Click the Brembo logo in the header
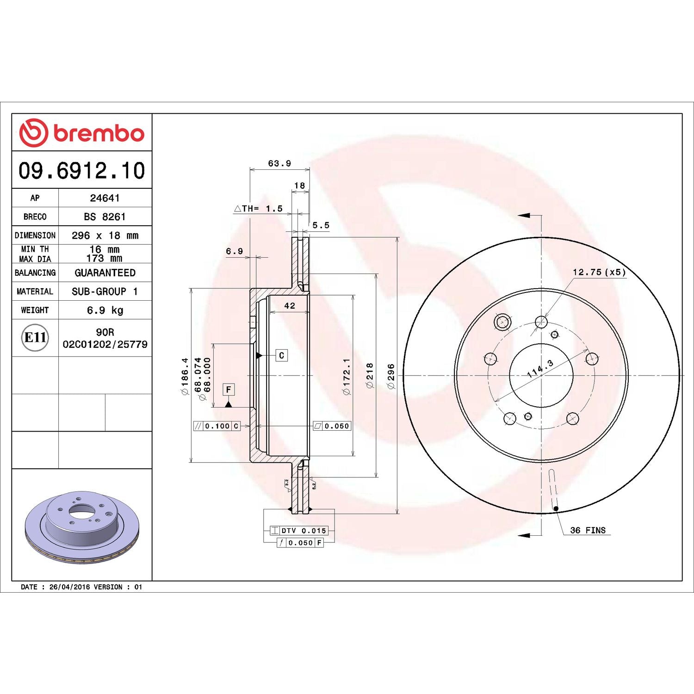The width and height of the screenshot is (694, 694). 82,133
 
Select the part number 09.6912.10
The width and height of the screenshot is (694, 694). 82,171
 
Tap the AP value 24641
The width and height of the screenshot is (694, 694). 105,198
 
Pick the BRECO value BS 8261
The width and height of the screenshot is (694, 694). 105,217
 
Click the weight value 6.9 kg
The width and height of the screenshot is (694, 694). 105,310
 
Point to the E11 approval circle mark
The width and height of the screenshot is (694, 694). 35,337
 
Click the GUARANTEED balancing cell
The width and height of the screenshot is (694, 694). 105,273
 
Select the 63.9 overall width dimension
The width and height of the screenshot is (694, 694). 279,163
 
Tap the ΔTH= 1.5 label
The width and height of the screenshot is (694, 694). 259,209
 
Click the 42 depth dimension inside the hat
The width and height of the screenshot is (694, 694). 290,306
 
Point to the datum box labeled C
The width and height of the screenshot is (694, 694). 281,355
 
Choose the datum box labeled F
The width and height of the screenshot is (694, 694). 228,390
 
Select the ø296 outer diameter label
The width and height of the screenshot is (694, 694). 391,376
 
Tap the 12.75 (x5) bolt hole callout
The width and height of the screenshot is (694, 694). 599,272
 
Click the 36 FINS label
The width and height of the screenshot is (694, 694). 588,530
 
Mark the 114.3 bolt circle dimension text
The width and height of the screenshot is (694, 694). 540,369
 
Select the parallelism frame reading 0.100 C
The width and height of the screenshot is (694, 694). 217,426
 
